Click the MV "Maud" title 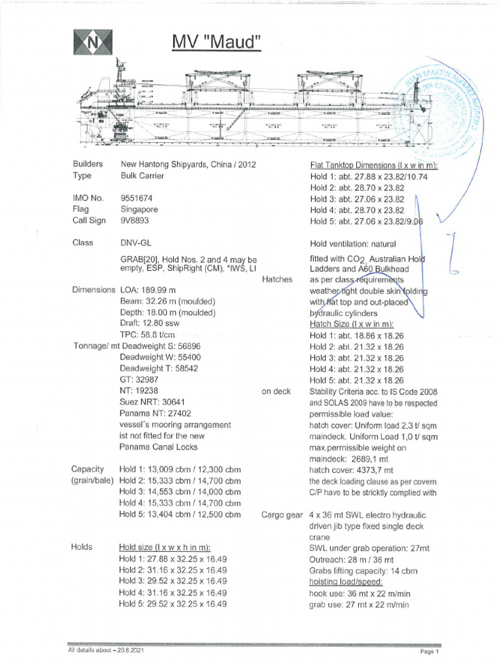click(x=216, y=42)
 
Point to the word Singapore click(x=139, y=209)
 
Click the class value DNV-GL click(x=135, y=243)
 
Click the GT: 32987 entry click(x=139, y=379)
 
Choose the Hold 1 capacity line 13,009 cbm click(x=180, y=469)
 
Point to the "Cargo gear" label click(x=283, y=515)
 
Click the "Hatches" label click(x=277, y=279)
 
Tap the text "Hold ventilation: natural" click(x=356, y=243)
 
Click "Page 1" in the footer click(x=430, y=651)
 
